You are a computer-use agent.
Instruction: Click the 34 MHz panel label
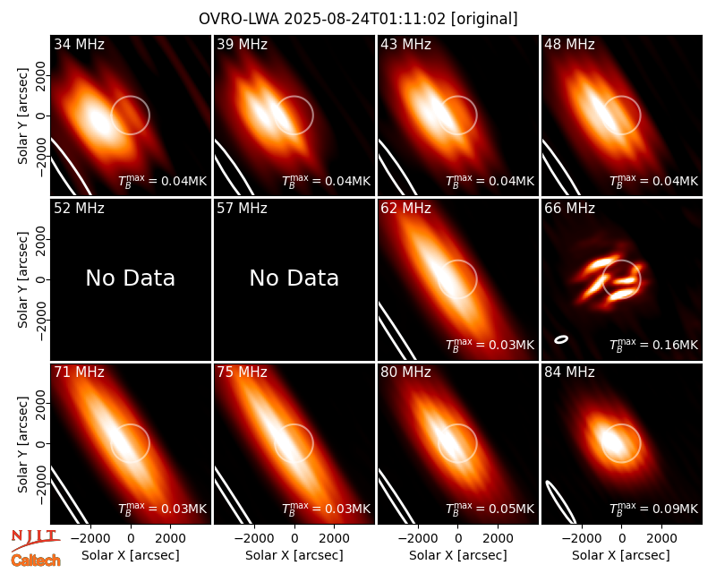pos(79,44)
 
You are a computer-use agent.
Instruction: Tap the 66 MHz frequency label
pos(569,209)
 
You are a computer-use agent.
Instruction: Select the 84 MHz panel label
pos(569,372)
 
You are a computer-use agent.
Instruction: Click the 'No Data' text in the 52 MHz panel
pos(130,278)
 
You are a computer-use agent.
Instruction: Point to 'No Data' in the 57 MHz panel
pos(294,278)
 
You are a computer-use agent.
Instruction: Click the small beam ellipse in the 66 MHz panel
pos(561,339)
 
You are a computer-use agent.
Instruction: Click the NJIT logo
pos(35,540)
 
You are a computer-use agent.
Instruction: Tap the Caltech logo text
pos(36,561)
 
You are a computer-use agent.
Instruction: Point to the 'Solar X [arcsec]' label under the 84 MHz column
pos(621,555)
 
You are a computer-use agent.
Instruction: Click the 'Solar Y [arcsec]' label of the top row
pos(23,116)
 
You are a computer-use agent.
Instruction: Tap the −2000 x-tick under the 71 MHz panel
pos(90,538)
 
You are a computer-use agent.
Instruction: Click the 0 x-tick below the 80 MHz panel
pos(458,538)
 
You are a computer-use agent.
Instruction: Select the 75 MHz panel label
pos(242,372)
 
